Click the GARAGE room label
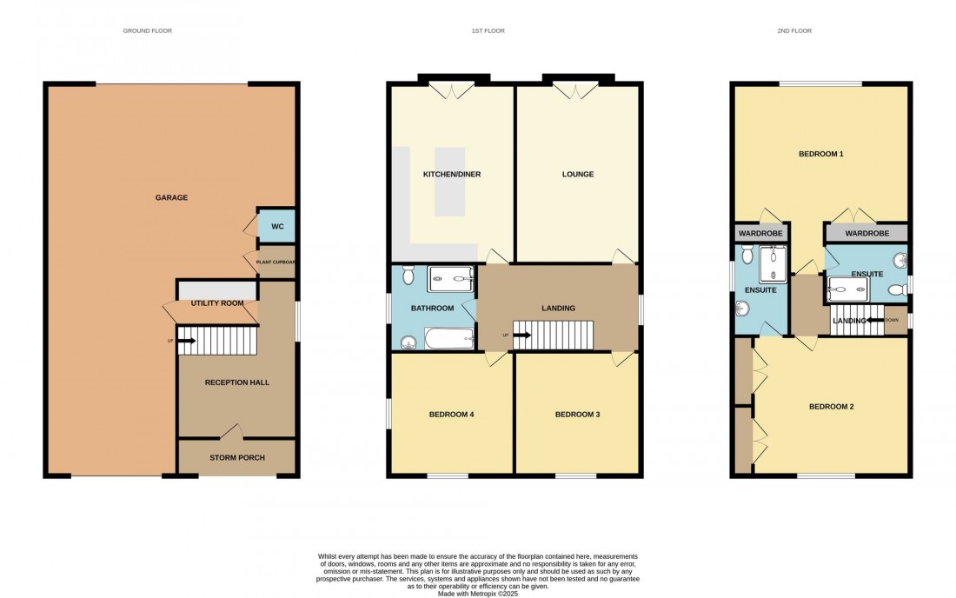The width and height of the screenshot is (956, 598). click(171, 197)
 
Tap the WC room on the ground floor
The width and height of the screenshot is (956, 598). click(277, 226)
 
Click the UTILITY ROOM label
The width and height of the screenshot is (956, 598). click(217, 303)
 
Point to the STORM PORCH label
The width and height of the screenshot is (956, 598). click(236, 457)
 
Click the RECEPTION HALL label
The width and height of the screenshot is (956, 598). click(236, 382)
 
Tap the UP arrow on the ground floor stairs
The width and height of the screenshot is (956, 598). click(186, 341)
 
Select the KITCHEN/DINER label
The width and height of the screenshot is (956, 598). click(451, 174)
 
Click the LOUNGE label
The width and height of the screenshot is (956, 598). click(577, 174)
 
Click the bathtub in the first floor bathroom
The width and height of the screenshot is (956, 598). click(448, 338)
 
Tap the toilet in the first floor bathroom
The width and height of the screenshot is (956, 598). click(408, 342)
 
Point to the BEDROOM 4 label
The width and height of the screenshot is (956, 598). click(451, 415)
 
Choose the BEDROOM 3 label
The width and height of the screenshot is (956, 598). click(577, 415)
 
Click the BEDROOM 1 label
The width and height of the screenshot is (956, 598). click(820, 154)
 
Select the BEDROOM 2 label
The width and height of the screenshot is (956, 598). click(832, 406)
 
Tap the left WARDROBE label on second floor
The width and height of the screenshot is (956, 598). click(760, 234)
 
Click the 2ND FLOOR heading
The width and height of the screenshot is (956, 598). click(794, 30)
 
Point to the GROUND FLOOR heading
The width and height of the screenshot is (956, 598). click(147, 30)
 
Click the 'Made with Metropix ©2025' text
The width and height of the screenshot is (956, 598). click(478, 594)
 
